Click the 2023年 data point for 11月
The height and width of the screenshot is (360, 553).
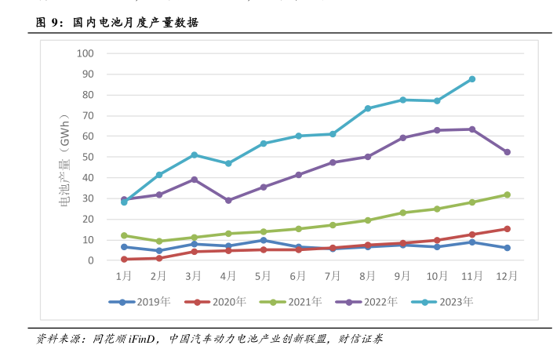pos(472,79)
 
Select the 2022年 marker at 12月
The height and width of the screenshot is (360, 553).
pos(508,152)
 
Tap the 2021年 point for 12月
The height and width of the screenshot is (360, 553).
pos(508,195)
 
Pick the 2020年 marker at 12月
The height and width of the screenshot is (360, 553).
pos(508,229)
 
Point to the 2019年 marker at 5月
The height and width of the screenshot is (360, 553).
pos(264,240)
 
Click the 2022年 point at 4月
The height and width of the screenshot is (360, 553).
pos(228,200)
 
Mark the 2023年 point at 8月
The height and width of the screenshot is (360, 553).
pos(368,108)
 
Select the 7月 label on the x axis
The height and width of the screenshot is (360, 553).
pos(333,276)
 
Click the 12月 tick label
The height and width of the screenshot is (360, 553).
pos(508,276)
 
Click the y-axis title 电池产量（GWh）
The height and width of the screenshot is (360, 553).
pos(64,157)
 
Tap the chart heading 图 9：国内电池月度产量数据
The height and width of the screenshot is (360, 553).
pos(118,23)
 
